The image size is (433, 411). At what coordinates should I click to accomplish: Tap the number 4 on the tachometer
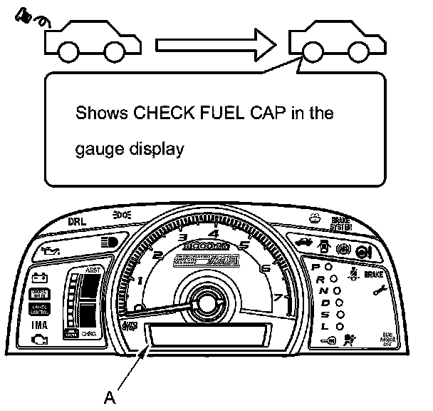[x=214, y=233]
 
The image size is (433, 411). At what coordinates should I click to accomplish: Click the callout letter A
[x=109, y=396]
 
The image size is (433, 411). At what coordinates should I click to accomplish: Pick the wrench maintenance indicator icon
[x=378, y=290]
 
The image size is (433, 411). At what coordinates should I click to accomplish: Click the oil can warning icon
[x=49, y=250]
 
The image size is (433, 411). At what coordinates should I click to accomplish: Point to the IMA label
[x=40, y=324]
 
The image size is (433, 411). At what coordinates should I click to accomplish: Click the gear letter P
[x=316, y=267]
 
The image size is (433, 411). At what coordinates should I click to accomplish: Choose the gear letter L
[x=325, y=326]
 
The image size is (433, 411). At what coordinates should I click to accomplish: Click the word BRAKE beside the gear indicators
[x=394, y=275]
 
